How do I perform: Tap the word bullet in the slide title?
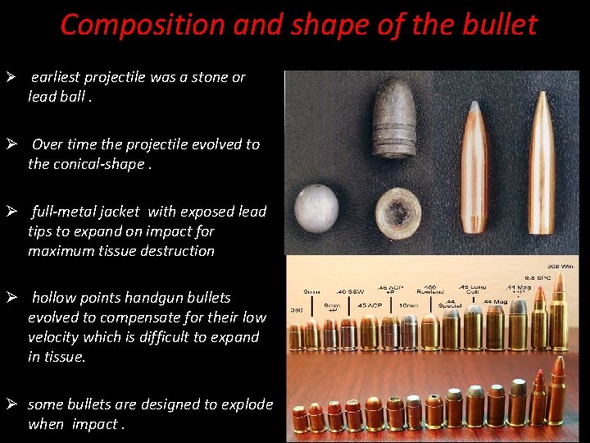[497, 25]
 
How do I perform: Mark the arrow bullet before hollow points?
[11, 297]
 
